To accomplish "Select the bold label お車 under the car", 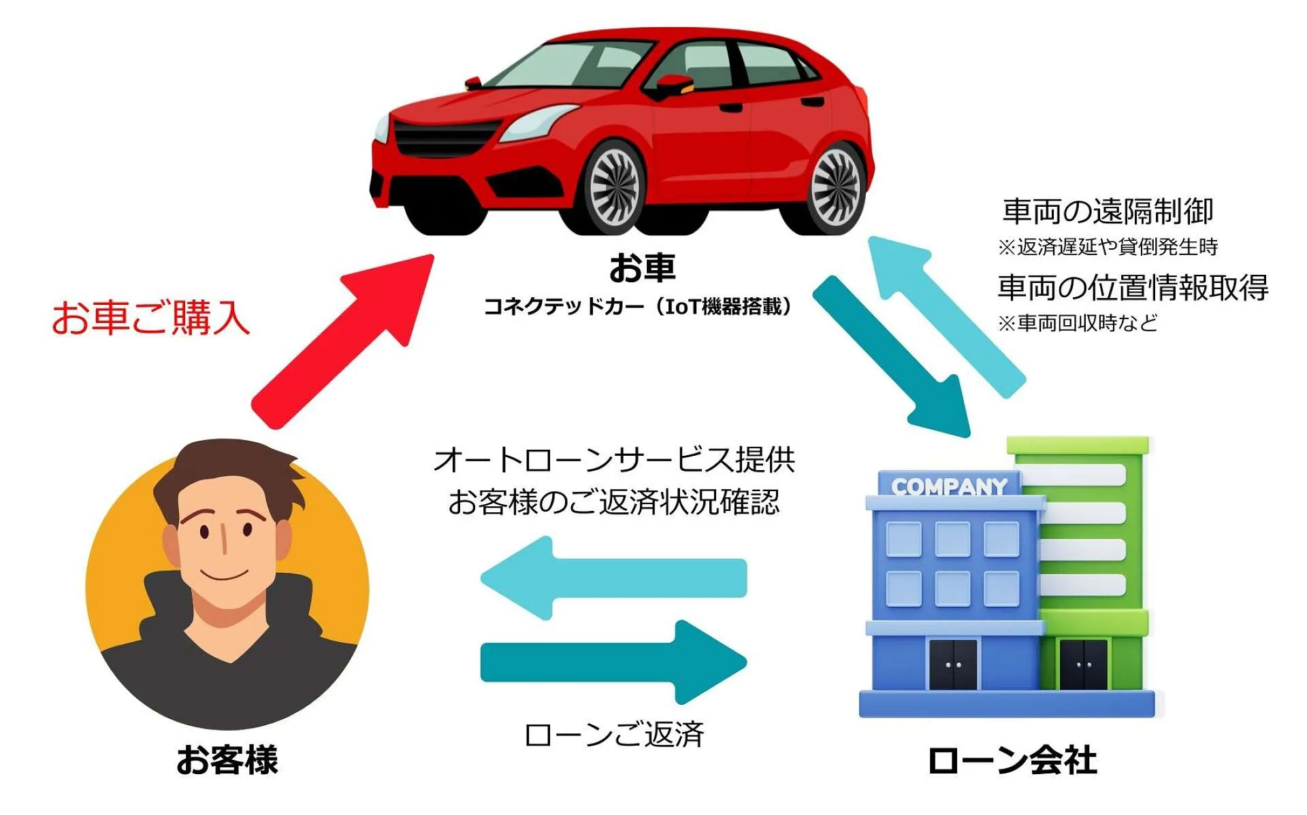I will pos(642,267).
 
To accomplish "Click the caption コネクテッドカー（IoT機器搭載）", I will pos(638,307).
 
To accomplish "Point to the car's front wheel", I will pos(613,188).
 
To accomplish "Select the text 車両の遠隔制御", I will pos(1108,212).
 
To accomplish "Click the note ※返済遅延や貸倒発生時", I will pos(1108,246).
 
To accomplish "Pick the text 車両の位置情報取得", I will pos(1133,287).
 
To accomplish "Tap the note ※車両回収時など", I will pos(1078,322).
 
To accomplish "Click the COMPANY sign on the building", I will pos(949,486).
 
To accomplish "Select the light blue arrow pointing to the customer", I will pos(613,578).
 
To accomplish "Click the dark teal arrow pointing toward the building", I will pos(613,662).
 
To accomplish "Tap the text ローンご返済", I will pos(614,735).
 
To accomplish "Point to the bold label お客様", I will pos(227,760).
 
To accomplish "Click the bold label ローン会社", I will pos(1012,760).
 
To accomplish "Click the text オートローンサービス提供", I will pos(614,461).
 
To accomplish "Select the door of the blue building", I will pos(953,664).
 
